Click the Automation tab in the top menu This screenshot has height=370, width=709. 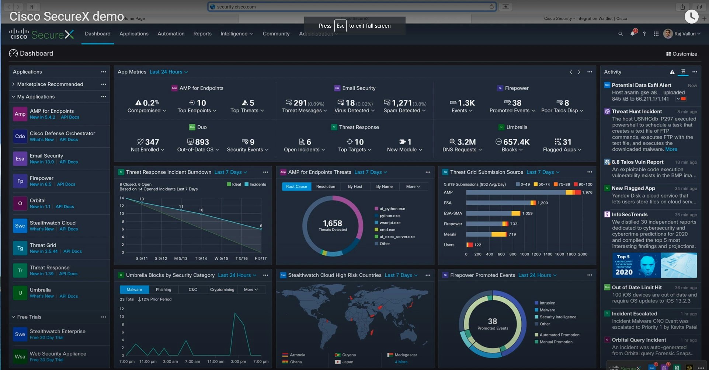tap(171, 34)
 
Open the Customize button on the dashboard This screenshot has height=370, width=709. tap(681, 54)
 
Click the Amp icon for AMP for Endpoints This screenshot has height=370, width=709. tap(20, 114)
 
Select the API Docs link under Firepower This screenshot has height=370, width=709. tap(66, 184)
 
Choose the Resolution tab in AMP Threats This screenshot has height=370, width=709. tap(326, 186)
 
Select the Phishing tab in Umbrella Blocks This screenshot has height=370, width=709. tap(163, 290)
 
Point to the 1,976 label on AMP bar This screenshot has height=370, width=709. tap(587, 192)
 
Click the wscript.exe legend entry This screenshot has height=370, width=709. tap(390, 223)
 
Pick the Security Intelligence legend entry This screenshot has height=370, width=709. tap(557, 317)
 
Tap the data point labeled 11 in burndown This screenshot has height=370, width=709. tap(181, 210)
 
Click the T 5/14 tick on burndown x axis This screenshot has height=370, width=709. tap(201, 258)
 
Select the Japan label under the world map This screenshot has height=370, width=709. tap(347, 362)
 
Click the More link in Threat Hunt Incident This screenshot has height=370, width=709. tap(671, 149)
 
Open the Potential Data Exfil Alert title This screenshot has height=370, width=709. tap(641, 85)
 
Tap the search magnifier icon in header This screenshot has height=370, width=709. tap(620, 34)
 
